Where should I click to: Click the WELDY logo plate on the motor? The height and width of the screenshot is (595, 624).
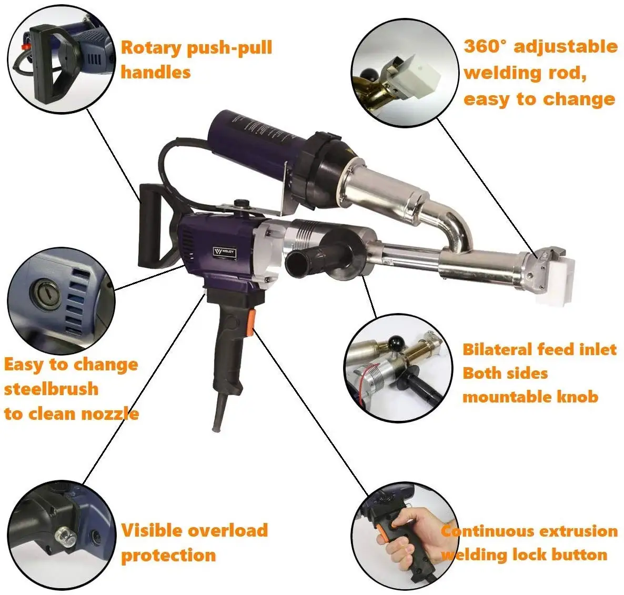[225, 253]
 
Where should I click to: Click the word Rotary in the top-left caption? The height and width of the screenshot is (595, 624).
[151, 48]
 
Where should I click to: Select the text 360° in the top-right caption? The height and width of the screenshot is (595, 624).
[485, 46]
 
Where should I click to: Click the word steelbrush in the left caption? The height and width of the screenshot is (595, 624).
[52, 389]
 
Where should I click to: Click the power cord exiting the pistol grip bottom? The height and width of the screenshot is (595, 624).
[217, 416]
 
